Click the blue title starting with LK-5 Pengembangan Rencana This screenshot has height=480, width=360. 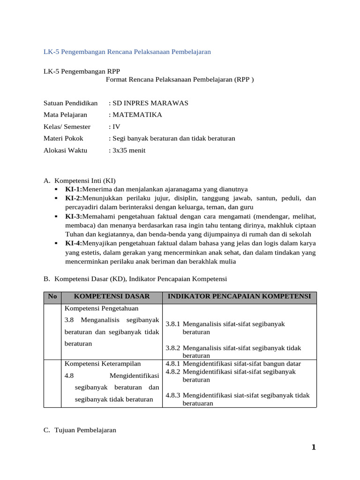point(127,52)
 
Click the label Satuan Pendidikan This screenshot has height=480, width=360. point(70,103)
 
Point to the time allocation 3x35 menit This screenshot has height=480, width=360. point(128,150)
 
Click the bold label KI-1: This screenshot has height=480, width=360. point(74,189)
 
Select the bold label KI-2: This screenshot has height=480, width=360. point(74,198)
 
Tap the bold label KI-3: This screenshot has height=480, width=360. point(74,217)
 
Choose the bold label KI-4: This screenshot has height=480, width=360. point(74,243)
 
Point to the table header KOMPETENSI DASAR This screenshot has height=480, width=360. point(112,296)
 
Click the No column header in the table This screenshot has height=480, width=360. point(52,296)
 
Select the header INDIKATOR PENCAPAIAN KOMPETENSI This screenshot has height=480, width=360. point(239,296)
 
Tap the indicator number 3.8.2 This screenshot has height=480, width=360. point(173,348)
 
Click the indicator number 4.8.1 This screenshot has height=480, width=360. point(173,363)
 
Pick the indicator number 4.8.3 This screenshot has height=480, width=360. point(173,395)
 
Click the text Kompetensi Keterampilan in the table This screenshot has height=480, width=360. point(103,363)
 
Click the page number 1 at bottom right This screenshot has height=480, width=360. point(314,448)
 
